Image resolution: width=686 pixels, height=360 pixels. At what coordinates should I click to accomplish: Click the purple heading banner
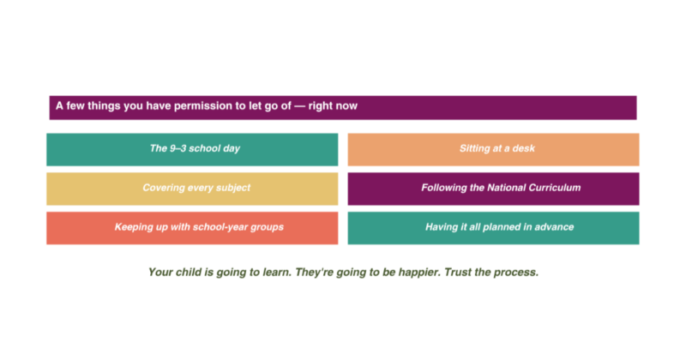coord(343,107)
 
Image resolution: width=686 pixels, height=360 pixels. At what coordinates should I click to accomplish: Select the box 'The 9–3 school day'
coord(192,149)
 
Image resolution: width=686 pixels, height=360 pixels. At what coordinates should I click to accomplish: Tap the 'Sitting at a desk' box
coord(493,149)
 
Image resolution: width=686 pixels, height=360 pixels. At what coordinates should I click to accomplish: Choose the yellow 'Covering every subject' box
coord(192,189)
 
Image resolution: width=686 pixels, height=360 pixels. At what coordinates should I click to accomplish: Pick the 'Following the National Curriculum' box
coord(493,189)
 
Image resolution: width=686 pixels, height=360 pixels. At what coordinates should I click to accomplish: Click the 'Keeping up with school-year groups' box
coord(192,228)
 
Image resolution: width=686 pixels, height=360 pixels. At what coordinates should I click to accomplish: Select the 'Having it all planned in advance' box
coord(493,228)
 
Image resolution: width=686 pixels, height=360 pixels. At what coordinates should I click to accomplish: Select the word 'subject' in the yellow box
coord(231,189)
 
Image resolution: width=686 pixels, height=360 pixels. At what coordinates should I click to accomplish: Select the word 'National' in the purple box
coord(508,188)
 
